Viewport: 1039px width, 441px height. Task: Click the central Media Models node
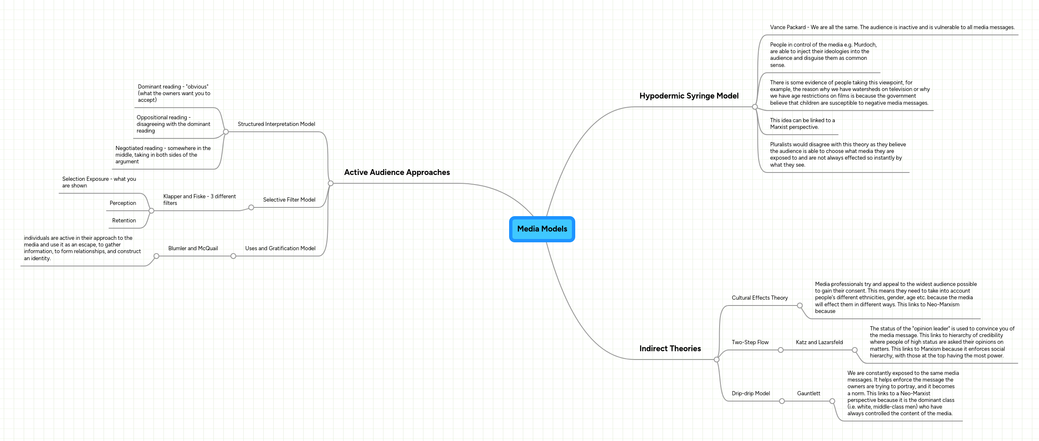[542, 229]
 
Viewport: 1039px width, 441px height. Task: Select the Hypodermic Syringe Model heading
[689, 96]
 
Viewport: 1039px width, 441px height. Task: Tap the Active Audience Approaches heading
[397, 172]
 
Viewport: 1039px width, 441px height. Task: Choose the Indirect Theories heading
[670, 349]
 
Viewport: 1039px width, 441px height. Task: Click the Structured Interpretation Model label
[276, 124]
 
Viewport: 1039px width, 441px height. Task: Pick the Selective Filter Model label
[289, 200]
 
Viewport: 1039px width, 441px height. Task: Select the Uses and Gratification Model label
[280, 249]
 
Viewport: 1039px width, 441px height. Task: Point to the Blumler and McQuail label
[193, 249]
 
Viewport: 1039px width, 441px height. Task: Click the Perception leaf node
[123, 203]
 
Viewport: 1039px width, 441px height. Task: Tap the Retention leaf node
[124, 221]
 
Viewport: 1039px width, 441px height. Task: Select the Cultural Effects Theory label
[759, 298]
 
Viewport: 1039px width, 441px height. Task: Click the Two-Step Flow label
[750, 342]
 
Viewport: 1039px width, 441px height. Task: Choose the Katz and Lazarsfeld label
[819, 342]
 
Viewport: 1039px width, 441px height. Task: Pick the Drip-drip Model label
[751, 394]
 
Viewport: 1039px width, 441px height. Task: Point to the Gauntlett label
[809, 394]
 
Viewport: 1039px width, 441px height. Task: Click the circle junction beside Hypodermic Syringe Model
[755, 107]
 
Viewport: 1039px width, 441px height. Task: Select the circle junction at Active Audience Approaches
[331, 183]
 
